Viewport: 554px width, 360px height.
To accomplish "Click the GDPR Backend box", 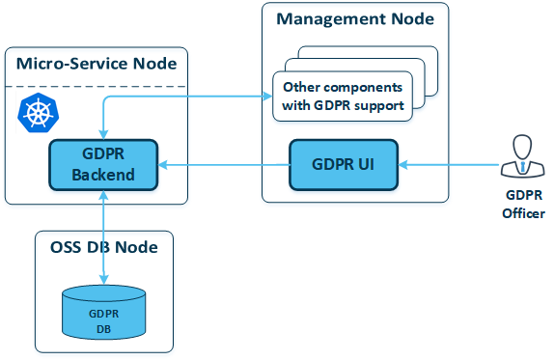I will pyautogui.click(x=103, y=165).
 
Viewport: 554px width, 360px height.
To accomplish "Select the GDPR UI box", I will pyautogui.click(x=345, y=165).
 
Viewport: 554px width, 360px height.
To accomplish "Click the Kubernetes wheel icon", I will pyautogui.click(x=38, y=114).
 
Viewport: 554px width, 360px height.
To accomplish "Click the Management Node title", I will pyautogui.click(x=354, y=19).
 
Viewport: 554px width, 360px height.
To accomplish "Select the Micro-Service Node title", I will pyautogui.click(x=97, y=65).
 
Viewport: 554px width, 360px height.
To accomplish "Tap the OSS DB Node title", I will pyautogui.click(x=103, y=247).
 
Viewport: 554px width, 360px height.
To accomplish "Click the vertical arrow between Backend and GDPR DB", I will pyautogui.click(x=103, y=236).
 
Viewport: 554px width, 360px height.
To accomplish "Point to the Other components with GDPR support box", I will pyautogui.click(x=343, y=96).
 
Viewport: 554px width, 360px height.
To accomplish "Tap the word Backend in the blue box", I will pyautogui.click(x=103, y=175).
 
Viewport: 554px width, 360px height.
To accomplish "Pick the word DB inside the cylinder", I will pyautogui.click(x=104, y=329).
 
